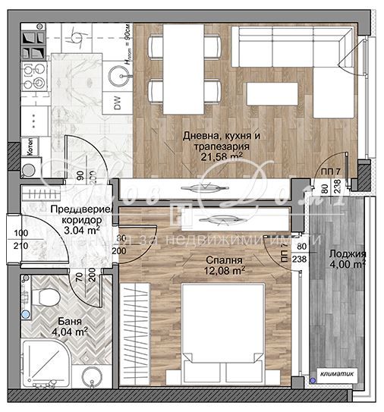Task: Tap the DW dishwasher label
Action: coord(118,105)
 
